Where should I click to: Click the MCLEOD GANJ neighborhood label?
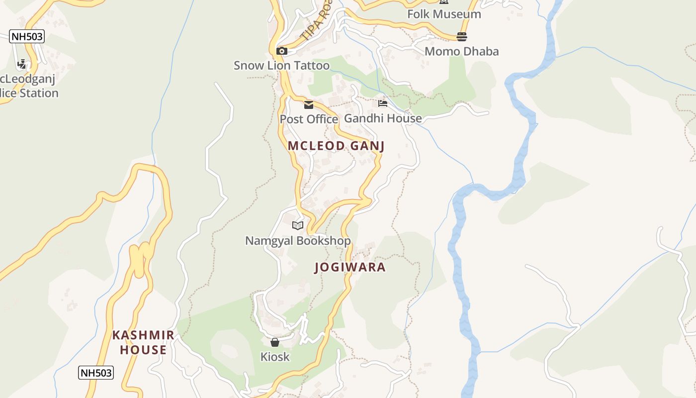[x=336, y=146]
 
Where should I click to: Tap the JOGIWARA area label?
[x=350, y=267]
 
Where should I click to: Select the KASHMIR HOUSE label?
[x=143, y=342]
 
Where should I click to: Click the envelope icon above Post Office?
[x=309, y=105]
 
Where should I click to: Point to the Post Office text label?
[x=309, y=119]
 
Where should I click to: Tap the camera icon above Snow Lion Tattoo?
[x=282, y=51]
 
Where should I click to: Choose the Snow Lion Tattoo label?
[x=281, y=66]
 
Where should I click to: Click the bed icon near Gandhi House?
[x=382, y=103]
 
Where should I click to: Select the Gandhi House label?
[x=383, y=118]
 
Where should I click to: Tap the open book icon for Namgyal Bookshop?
[x=298, y=226]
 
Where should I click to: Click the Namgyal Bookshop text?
[x=298, y=241]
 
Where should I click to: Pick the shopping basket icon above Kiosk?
[x=275, y=342]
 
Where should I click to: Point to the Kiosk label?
[x=275, y=357]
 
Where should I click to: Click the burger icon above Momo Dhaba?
[x=462, y=37]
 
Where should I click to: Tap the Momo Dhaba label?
[x=461, y=51]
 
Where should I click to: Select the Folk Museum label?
[x=444, y=14]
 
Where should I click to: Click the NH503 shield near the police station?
[x=27, y=36]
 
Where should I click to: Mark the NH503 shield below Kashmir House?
[x=96, y=373]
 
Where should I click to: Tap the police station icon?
[x=22, y=64]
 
